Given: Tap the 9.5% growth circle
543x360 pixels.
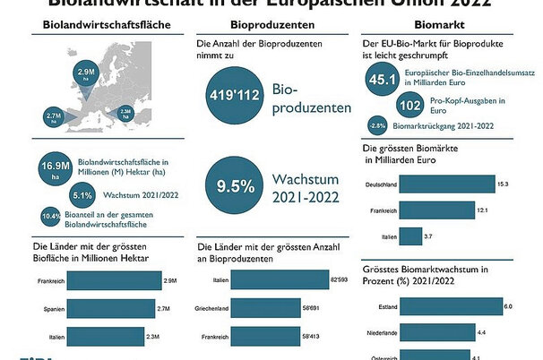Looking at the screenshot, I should coord(231,187).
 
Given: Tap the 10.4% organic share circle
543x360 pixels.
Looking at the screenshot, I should coord(51,216).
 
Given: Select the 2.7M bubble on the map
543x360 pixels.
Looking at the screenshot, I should coord(52,116).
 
